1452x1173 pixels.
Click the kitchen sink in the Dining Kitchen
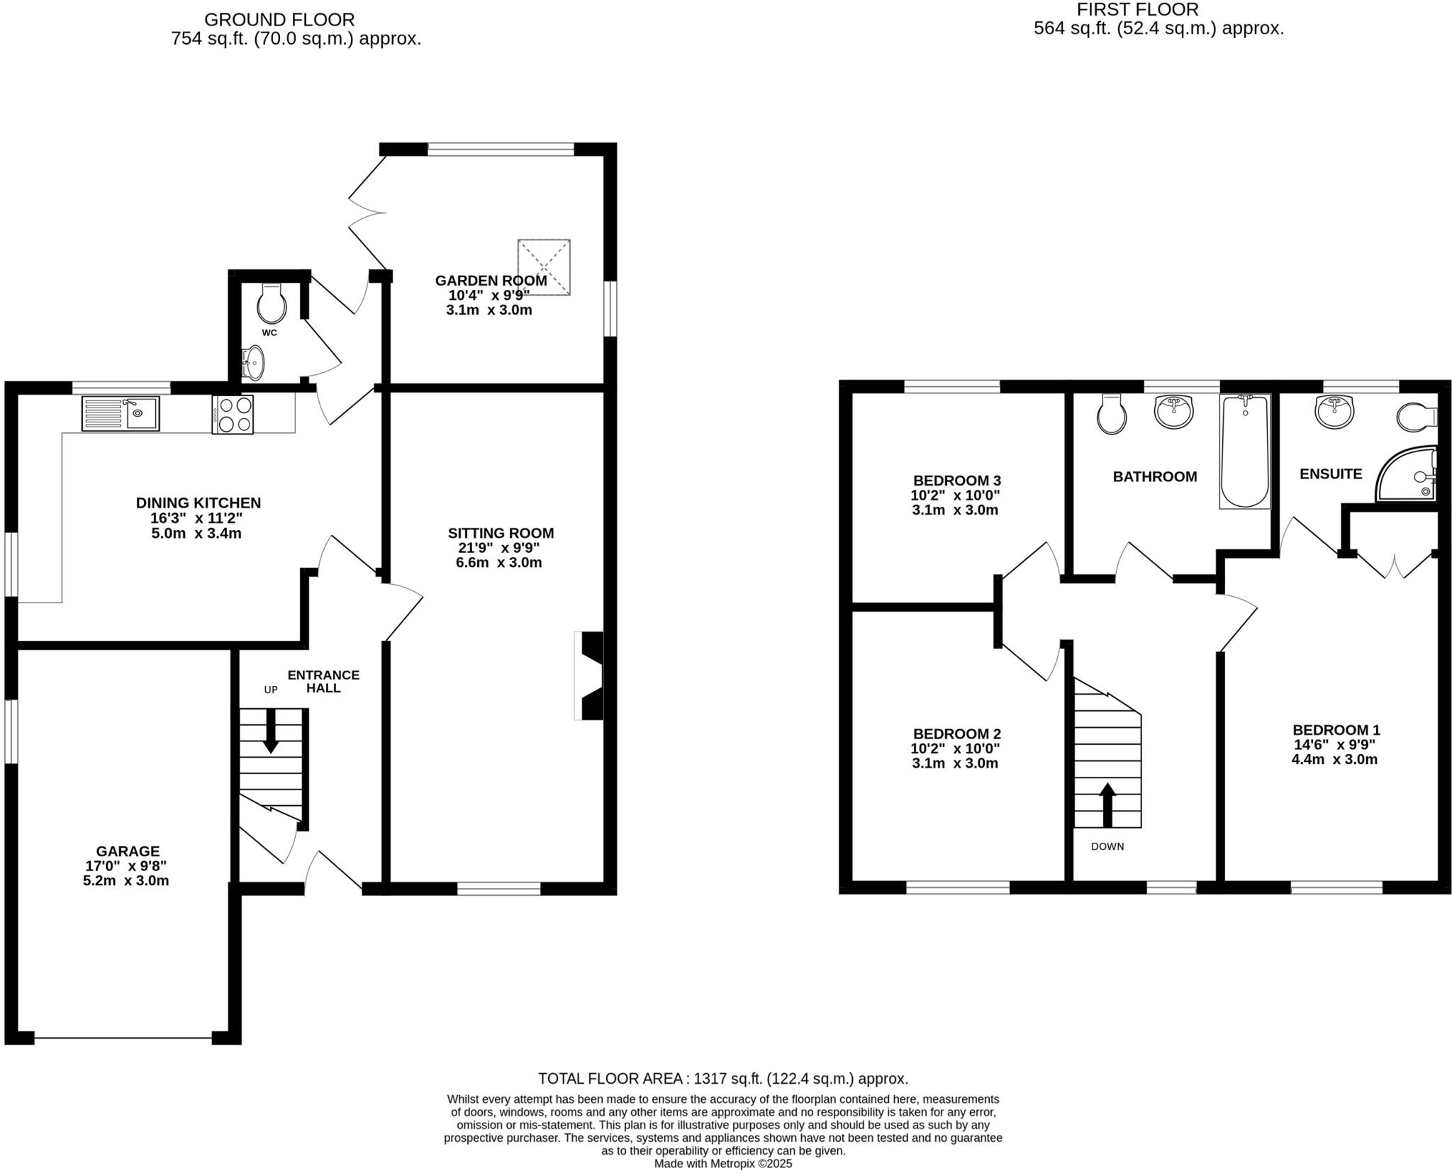121,413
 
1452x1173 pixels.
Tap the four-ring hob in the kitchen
233,414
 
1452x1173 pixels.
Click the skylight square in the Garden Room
544,267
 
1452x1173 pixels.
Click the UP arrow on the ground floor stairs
270,730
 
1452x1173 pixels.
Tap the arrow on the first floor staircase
1107,804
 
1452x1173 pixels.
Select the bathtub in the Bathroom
1245,451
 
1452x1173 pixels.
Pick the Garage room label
128,851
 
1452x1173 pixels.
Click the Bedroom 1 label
1336,730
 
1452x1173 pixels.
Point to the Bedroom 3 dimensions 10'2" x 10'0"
955,495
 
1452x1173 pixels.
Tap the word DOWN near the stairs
1107,846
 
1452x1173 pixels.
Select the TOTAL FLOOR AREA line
722,1079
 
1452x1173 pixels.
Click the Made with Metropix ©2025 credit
722,1164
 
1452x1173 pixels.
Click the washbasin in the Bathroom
1174,412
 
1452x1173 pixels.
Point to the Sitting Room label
501,533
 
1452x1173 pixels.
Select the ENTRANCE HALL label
323,681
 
